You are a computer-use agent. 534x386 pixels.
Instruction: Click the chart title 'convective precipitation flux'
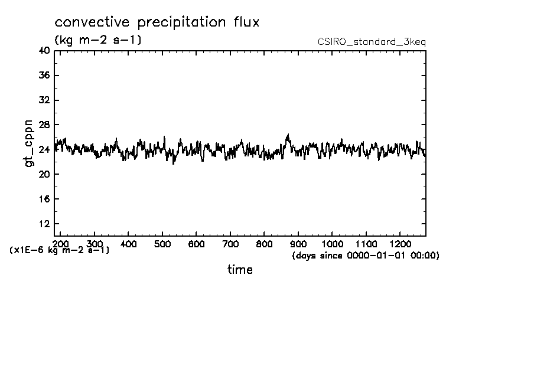[157, 22]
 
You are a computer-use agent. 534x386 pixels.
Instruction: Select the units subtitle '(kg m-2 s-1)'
[97, 40]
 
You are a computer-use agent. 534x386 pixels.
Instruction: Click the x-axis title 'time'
[240, 270]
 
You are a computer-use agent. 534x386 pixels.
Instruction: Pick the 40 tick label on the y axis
[44, 51]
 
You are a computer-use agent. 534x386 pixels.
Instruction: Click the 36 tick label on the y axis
[44, 76]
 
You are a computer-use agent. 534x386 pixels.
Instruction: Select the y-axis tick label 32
[44, 100]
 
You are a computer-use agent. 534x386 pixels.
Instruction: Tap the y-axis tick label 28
[44, 125]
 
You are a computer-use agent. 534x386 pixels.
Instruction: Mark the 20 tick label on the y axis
[44, 174]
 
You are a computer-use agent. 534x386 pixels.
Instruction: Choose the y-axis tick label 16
[44, 199]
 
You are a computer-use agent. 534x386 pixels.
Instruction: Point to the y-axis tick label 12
[44, 224]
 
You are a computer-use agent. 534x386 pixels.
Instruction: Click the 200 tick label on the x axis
[61, 244]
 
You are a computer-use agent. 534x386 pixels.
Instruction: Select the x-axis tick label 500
[162, 244]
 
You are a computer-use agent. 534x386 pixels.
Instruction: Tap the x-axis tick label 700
[230, 244]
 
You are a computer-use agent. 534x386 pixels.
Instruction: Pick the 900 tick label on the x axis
[298, 244]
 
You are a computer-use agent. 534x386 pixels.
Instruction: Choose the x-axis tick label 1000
[333, 244]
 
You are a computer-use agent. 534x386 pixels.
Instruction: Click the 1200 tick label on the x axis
[400, 244]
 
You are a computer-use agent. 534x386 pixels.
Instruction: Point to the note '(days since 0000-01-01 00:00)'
[366, 256]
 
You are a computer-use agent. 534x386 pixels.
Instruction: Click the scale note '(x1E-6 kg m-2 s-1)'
[60, 250]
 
